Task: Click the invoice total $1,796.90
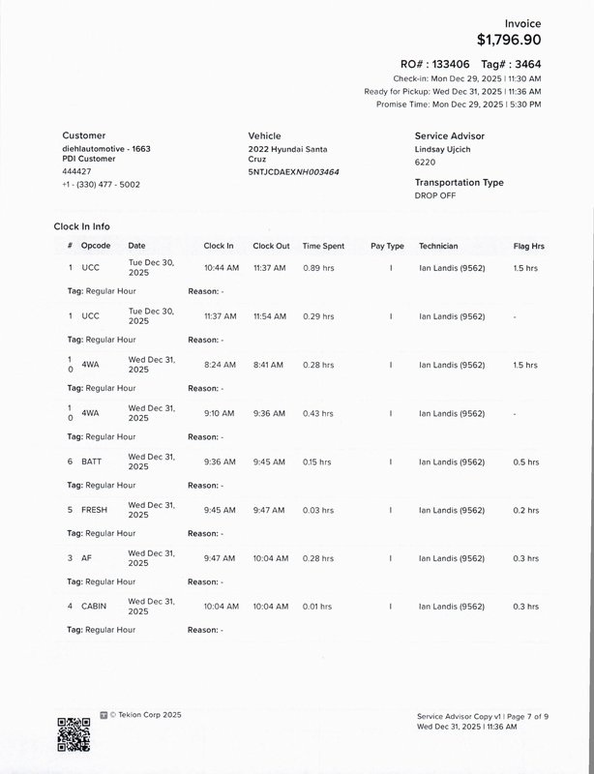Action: tap(509, 41)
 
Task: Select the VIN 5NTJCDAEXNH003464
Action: tap(293, 172)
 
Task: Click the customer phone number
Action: tap(101, 184)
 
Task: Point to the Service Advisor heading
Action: tap(450, 136)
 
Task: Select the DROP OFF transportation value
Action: tap(434, 195)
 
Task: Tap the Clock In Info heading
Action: tap(82, 226)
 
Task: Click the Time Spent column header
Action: tap(323, 247)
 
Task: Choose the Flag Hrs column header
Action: tap(528, 247)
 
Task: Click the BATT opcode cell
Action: tap(91, 462)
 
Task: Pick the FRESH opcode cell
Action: tap(94, 510)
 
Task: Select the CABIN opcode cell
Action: tap(94, 607)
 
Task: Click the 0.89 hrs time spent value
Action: tap(318, 268)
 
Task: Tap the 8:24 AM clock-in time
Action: tap(220, 366)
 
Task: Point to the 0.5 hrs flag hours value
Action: tap(525, 462)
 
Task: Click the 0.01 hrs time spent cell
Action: tap(318, 607)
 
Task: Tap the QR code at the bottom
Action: tap(74, 734)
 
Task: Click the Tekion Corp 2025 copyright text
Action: tap(145, 715)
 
